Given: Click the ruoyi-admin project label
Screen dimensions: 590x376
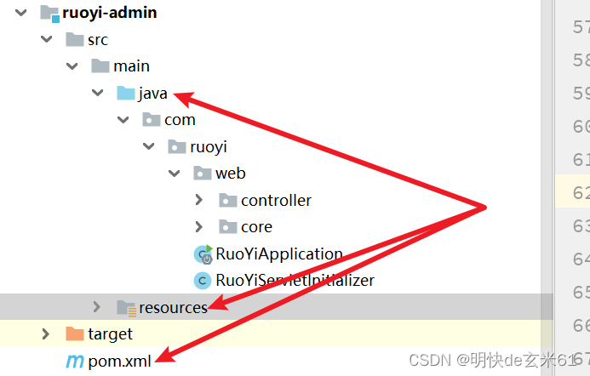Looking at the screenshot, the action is [109, 13].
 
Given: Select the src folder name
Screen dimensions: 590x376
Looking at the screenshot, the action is [98, 40].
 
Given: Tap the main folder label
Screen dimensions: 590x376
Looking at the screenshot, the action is [131, 66].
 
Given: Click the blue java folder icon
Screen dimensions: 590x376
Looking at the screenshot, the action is [125, 94].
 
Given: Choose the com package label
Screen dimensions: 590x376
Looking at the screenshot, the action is [180, 120].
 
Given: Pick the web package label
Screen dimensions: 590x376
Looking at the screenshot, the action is [230, 174].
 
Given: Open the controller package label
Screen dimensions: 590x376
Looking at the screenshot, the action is [276, 201].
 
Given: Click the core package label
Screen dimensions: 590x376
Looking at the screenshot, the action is [256, 227].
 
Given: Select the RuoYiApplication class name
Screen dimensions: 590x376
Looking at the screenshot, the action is [279, 254].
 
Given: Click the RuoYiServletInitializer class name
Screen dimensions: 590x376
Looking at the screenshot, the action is [295, 280].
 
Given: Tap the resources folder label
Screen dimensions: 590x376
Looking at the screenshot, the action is [173, 307].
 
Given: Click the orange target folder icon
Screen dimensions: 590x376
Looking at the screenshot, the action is [75, 334].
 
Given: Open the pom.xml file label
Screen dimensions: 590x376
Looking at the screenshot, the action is [119, 362].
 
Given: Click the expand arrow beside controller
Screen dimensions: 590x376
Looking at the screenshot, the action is [198, 201].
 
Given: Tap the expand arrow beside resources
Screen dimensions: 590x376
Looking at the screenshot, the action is [97, 307].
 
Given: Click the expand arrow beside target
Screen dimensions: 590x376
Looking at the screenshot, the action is [46, 334].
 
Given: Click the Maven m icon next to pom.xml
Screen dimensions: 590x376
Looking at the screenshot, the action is [75, 362].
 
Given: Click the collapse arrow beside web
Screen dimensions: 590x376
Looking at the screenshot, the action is [174, 174].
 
